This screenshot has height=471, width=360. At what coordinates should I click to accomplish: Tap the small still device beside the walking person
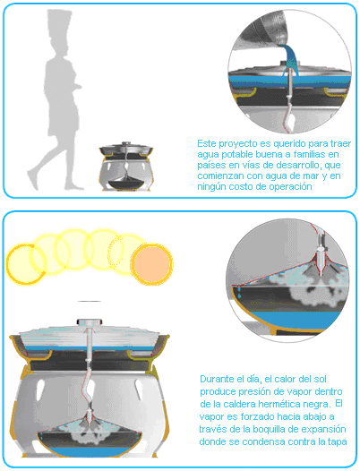[126, 167]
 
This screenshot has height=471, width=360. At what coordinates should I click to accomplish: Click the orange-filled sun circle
[151, 264]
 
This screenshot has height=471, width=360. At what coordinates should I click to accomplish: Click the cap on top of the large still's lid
[90, 322]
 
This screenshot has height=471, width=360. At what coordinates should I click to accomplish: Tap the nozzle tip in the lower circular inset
[321, 272]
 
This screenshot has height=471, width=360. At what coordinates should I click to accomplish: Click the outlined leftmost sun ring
[26, 264]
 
